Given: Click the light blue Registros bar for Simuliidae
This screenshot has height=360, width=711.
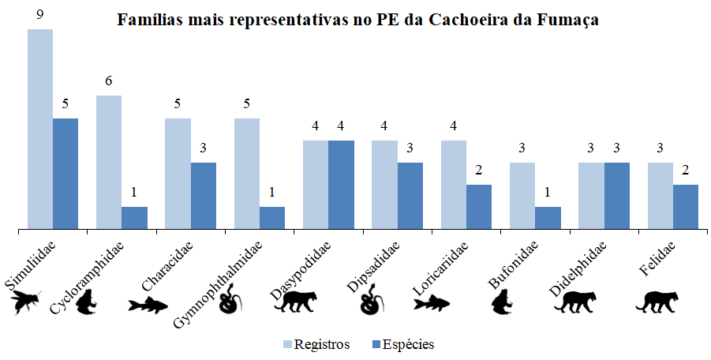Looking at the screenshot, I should point(40,129).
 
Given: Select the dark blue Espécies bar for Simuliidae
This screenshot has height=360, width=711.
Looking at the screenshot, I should point(65,174).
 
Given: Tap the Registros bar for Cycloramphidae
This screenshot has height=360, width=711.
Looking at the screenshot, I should point(109,163).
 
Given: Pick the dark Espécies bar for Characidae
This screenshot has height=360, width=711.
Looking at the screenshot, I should point(203,196).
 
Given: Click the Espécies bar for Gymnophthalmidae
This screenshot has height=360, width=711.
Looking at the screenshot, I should point(272,218).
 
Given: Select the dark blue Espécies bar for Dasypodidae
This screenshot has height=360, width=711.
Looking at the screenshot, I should point(341,185).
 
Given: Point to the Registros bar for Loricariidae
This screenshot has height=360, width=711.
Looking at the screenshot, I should point(454,185).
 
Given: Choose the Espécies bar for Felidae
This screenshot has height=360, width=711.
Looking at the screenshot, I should point(686,207).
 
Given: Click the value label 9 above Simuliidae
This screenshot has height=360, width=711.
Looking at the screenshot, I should point(40,13).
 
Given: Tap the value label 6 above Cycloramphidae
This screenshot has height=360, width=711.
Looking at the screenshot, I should point(109,81).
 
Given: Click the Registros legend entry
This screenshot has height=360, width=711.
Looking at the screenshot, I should point(316,344).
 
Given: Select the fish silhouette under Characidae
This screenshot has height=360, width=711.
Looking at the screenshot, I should point(149,305).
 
